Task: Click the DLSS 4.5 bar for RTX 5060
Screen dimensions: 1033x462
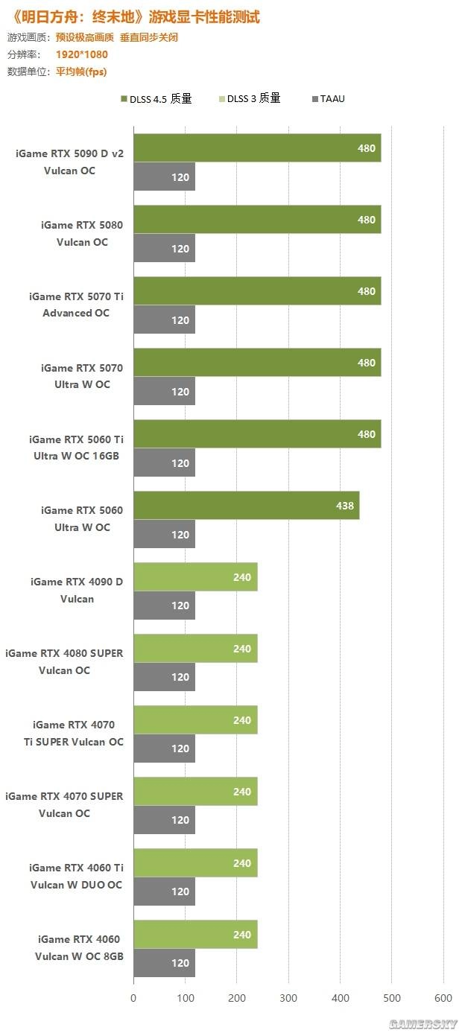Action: [x=246, y=505]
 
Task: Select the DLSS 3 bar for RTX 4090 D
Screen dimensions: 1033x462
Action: [x=195, y=576]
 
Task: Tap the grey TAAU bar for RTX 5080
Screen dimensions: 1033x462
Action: [x=164, y=248]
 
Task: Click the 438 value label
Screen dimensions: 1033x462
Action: [x=345, y=505]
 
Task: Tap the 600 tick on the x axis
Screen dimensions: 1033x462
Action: [x=443, y=998]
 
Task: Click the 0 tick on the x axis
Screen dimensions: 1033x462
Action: [x=134, y=998]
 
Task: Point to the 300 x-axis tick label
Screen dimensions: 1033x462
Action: [x=288, y=998]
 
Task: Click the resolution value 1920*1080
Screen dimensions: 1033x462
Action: [x=81, y=54]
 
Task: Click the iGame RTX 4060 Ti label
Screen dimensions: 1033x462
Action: [x=76, y=868]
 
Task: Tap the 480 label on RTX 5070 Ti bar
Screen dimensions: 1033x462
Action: [x=366, y=291]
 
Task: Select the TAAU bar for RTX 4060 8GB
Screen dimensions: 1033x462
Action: [x=164, y=962]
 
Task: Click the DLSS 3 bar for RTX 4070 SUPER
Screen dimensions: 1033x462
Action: [x=195, y=791]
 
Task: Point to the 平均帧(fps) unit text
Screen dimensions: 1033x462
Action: [x=81, y=72]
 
